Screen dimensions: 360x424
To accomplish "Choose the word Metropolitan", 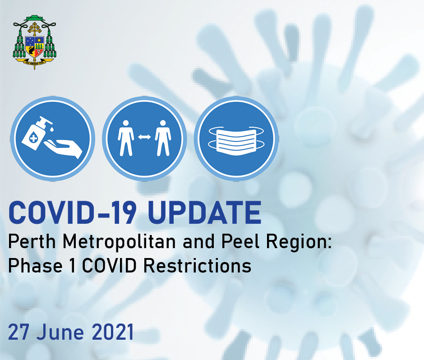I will [x=120, y=244].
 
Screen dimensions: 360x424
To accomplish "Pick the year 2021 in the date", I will [x=113, y=332].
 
